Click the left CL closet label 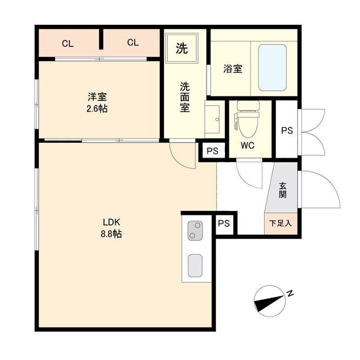(67, 43)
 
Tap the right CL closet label (133, 42)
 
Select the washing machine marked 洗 (182, 48)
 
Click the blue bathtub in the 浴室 (272, 67)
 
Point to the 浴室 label (233, 69)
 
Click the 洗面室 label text (184, 97)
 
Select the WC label (247, 145)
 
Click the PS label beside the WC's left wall (212, 151)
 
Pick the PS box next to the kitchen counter (224, 223)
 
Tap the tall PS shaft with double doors (287, 129)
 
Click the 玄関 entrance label (283, 190)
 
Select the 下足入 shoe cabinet (281, 224)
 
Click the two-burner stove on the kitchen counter (195, 230)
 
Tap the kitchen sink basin (195, 265)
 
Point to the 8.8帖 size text (111, 234)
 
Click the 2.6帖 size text (97, 108)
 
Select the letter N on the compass (290, 293)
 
